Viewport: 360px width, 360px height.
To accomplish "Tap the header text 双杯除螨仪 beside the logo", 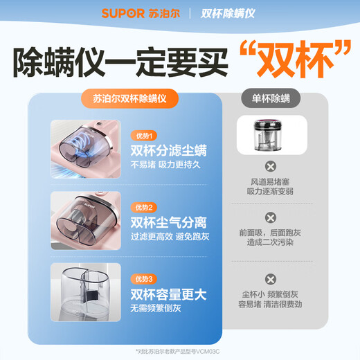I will coord(228,13).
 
